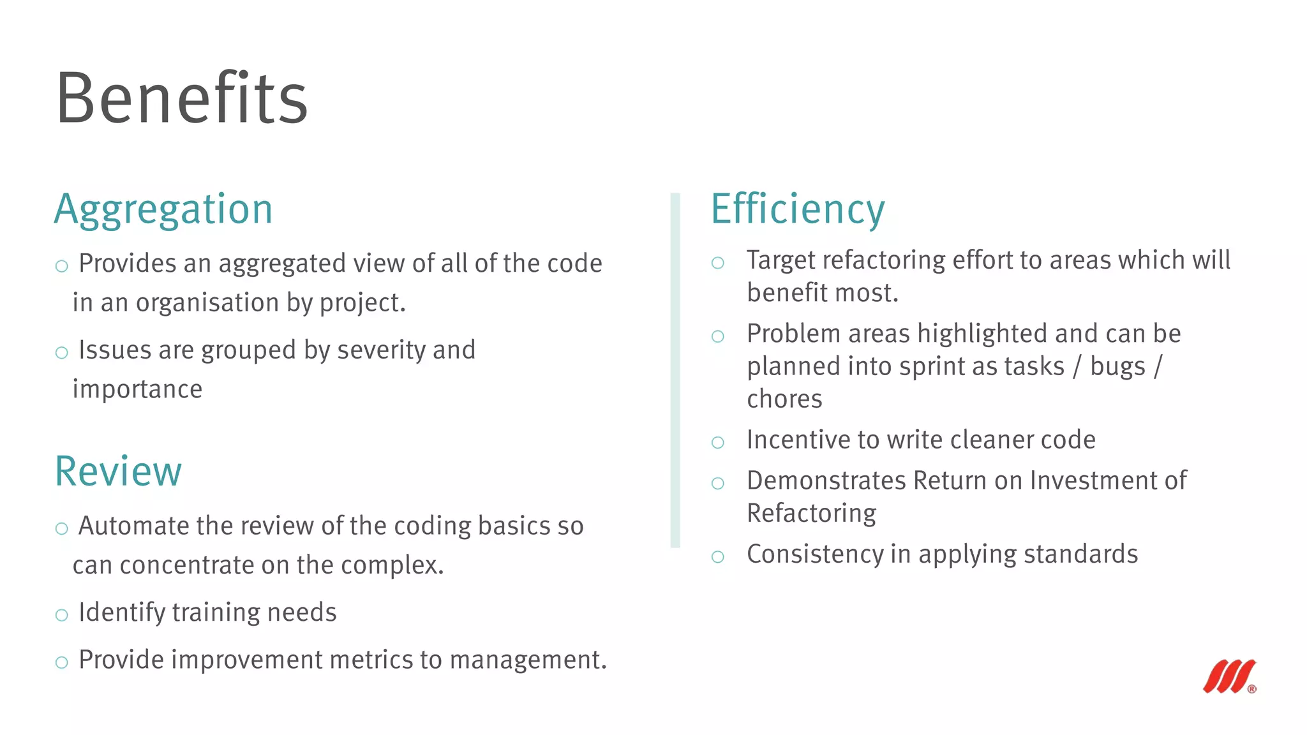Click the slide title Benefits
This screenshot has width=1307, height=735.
[182, 98]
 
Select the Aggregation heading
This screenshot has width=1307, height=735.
[163, 209]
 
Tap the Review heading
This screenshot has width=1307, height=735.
[118, 471]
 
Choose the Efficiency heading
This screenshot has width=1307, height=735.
[798, 209]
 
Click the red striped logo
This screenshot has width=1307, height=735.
[1229, 676]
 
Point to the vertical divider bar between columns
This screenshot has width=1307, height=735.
[675, 370]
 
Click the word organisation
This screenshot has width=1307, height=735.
[207, 303]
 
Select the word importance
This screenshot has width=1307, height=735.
[137, 389]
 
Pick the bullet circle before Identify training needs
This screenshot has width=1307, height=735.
[62, 615]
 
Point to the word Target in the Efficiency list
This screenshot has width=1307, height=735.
[782, 260]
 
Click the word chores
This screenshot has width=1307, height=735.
[784, 399]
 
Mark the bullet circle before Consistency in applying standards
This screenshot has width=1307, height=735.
[718, 557]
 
